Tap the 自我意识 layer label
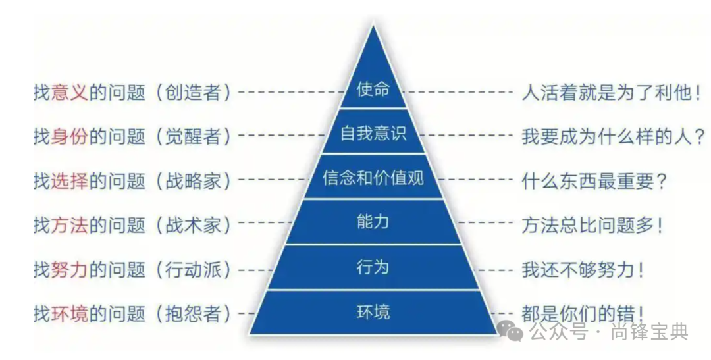click(x=373, y=134)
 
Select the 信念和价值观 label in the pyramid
click(x=373, y=178)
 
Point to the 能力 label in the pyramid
click(x=373, y=222)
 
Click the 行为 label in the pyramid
click(x=373, y=267)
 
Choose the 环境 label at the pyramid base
click(x=373, y=311)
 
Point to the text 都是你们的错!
click(x=582, y=313)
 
